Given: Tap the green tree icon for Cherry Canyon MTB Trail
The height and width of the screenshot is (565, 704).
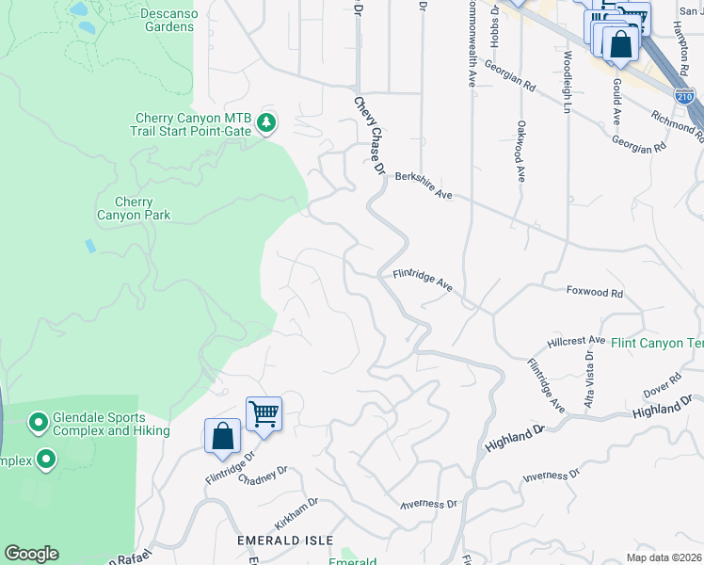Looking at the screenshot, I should (x=267, y=122).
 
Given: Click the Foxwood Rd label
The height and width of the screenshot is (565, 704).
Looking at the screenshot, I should (x=595, y=293).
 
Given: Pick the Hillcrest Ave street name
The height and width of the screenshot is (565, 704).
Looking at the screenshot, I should (x=576, y=341).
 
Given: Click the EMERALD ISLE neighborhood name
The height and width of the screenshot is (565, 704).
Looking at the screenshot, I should (x=285, y=540).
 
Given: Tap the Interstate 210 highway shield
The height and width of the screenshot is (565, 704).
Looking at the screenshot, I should (x=684, y=97).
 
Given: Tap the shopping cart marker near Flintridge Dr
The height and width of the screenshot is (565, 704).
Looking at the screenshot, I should (x=264, y=413).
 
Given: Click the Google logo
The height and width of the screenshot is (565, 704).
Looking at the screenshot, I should (x=31, y=554).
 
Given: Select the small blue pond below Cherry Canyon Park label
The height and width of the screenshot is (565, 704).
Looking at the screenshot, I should (x=89, y=246).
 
